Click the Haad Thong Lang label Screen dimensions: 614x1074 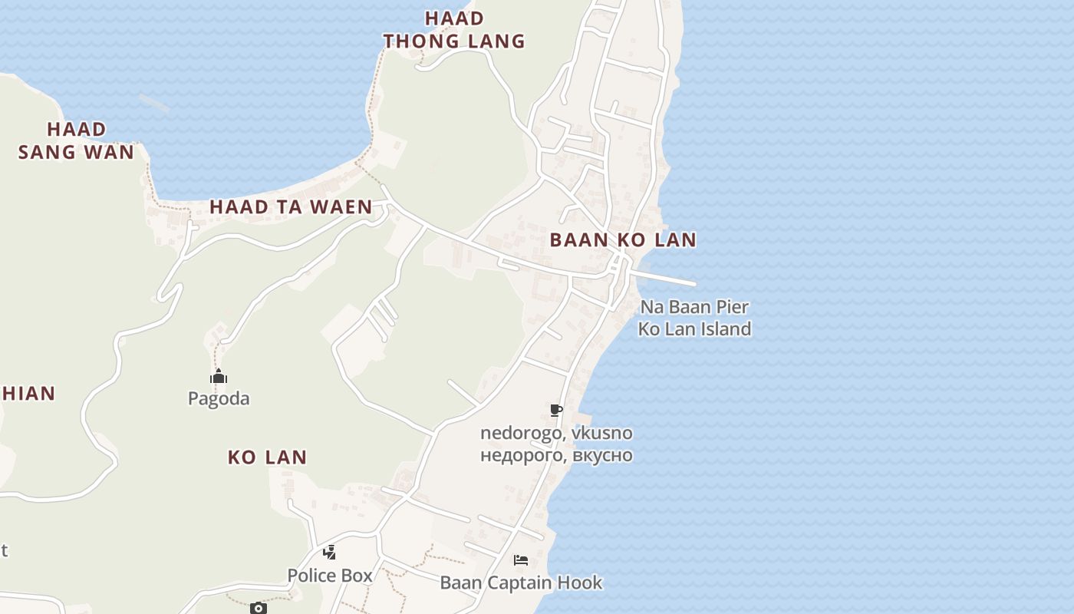454,29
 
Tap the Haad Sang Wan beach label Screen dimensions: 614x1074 76,140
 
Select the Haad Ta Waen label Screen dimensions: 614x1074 291,206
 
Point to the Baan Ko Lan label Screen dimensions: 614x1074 623,239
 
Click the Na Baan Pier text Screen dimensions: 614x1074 694,307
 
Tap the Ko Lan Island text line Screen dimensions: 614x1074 694,329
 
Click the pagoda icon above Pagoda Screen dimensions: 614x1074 219,377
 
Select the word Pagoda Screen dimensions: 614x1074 219,398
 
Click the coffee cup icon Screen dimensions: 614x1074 556,411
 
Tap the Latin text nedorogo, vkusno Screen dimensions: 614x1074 556,433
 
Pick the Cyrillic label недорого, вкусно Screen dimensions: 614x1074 556,455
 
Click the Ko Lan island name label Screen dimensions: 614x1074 267,457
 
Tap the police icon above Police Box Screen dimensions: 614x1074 329,552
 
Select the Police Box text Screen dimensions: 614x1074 330,575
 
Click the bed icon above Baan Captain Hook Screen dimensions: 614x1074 521,560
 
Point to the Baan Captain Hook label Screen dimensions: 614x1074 521,583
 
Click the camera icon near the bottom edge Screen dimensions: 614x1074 259,608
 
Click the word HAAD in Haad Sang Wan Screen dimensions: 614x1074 76,129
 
